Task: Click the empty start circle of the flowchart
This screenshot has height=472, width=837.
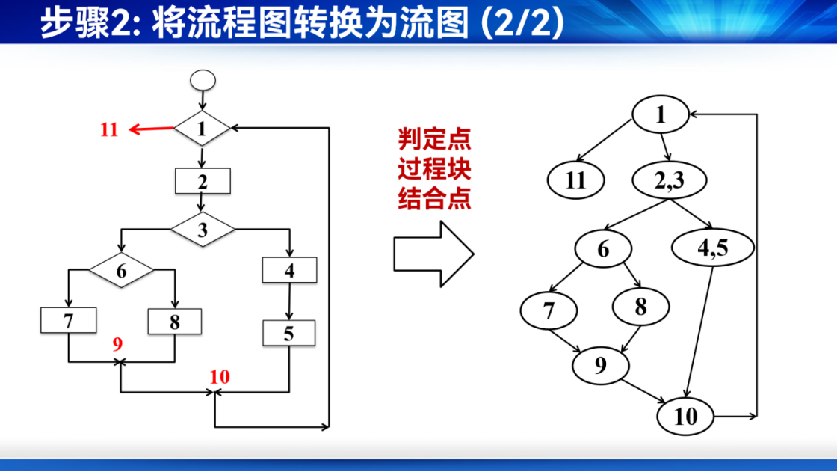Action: pos(203,81)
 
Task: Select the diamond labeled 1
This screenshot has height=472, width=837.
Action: pos(202,129)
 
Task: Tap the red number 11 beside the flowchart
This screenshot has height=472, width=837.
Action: pos(109,129)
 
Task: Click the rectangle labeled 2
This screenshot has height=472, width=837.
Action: pos(203,181)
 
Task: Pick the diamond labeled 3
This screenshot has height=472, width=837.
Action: pos(203,230)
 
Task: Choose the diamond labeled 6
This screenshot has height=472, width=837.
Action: pos(121,271)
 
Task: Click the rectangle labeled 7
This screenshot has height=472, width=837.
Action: pos(68,321)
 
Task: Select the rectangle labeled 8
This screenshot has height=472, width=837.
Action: pos(175,322)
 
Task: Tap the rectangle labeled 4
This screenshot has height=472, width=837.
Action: pos(289,271)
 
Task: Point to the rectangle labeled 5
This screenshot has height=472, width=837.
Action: pos(288,333)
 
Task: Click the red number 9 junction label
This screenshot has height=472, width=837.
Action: pos(117,343)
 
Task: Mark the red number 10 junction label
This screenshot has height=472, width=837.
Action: pos(220,377)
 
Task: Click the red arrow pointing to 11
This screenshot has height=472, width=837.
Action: pos(152,129)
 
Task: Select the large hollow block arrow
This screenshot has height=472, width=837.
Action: pos(433,254)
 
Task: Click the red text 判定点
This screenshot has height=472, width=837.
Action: pos(434,140)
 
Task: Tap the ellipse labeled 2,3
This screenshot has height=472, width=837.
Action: pos(670,180)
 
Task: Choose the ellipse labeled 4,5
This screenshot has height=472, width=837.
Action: pos(713,248)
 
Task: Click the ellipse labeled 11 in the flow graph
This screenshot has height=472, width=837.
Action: pos(576,180)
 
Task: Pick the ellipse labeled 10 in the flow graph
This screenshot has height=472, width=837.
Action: pos(685,417)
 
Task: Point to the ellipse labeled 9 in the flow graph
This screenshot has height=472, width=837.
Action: pos(601,365)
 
